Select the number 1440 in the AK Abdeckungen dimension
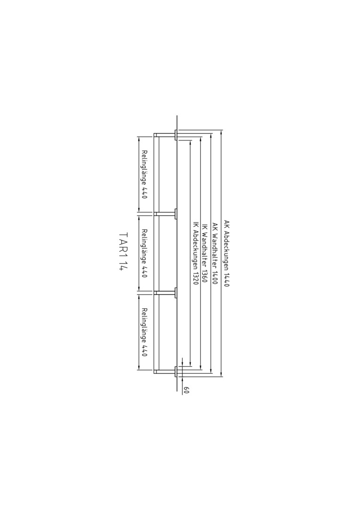pyautogui.click(x=226, y=279)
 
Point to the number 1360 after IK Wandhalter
pyautogui.click(x=204, y=275)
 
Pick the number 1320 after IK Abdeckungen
pyautogui.click(x=196, y=278)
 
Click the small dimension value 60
pyautogui.click(x=186, y=390)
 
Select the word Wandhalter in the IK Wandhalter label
pyautogui.click(x=204, y=248)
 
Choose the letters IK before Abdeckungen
pyautogui.click(x=196, y=225)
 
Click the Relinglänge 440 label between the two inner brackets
pyautogui.click(x=145, y=253)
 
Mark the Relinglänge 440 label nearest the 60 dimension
pyautogui.click(x=145, y=332)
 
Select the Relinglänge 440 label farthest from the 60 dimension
pyautogui.click(x=145, y=174)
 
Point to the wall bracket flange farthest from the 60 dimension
pyautogui.click(x=176, y=135)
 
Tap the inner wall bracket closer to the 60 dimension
pyautogui.click(x=165, y=293)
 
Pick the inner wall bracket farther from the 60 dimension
pyautogui.click(x=165, y=213)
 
